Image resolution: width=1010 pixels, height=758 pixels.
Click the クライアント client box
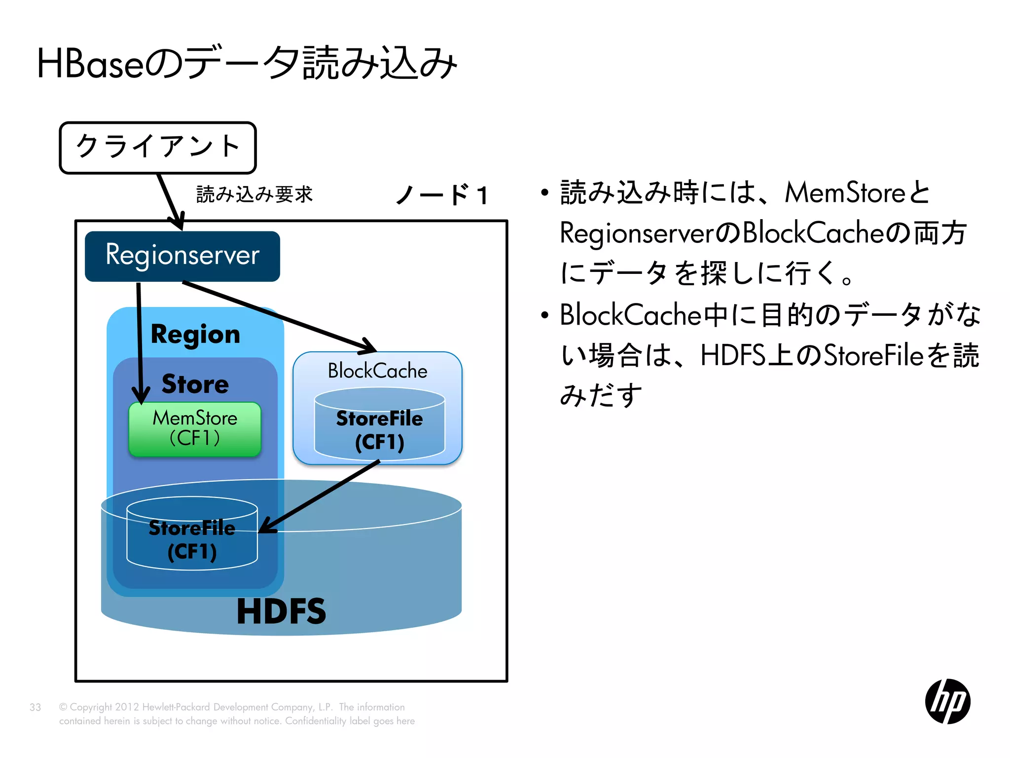coord(158,148)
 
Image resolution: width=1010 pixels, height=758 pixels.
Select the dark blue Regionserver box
coord(182,256)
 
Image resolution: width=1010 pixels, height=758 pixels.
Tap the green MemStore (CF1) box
coord(195,429)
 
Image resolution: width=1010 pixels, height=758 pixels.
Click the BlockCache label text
coord(377,371)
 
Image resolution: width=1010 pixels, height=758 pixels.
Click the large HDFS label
coord(281,611)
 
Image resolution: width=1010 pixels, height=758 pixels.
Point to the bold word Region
coord(195,335)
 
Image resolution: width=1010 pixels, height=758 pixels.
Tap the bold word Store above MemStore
coord(195,384)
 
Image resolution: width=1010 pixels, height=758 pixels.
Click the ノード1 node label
coord(442,195)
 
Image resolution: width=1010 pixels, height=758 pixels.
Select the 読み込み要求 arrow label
coord(254,194)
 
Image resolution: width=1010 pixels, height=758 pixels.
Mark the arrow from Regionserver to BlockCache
coord(276,316)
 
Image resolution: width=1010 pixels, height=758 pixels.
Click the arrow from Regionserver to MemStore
coord(140,341)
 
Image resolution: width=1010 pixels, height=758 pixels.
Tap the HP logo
coord(947,701)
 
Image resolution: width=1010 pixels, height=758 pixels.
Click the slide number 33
coord(35,707)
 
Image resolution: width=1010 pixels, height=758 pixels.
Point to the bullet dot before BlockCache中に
coord(544,315)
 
